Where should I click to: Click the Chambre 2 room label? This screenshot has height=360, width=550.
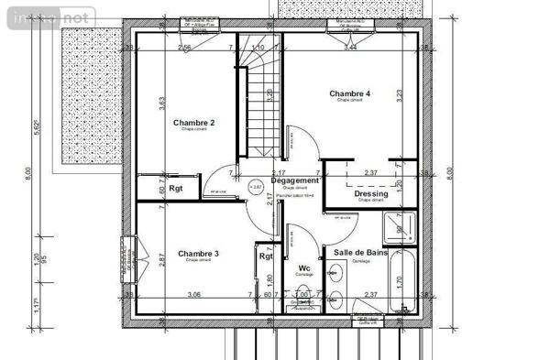coord(192,123)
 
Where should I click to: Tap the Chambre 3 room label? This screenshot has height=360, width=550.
coord(198,254)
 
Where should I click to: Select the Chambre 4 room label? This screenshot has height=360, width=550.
coord(349,93)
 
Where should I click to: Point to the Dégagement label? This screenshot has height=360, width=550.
coord(294,181)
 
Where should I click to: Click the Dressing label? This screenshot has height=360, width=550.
coord(370,194)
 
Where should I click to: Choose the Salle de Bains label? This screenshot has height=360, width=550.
coord(359,252)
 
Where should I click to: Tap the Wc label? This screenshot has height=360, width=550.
coord(303,268)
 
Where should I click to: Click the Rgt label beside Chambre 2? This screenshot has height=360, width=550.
coord(176,190)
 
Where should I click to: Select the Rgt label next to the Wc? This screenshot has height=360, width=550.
coord(266,256)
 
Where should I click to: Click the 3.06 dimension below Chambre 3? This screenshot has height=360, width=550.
coord(194,294)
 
